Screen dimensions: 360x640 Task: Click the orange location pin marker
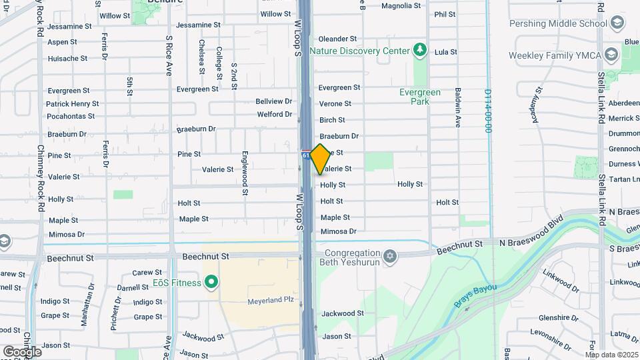point(320,159)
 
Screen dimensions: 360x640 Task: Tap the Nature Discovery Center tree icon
point(419,50)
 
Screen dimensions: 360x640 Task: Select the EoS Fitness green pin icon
point(212,283)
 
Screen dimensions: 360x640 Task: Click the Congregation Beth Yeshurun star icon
point(390,256)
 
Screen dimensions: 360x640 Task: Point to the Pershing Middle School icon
point(617,23)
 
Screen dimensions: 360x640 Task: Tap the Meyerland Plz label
point(271,300)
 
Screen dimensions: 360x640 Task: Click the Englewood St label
point(245,173)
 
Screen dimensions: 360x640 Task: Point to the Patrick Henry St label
point(72,104)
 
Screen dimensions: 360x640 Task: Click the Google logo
point(22,351)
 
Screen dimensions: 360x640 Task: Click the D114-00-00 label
point(488,111)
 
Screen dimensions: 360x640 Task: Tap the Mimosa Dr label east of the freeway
point(338,232)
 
